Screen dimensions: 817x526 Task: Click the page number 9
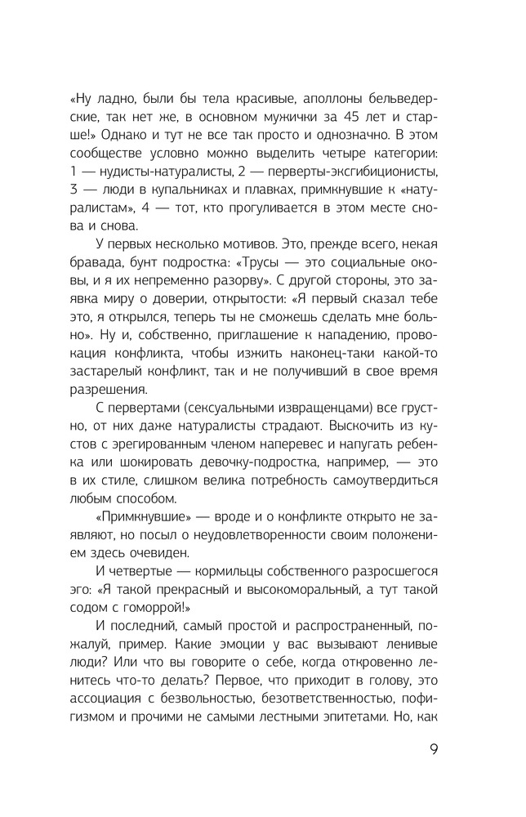click(432, 750)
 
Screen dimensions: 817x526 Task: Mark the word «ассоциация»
click(119, 724)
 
